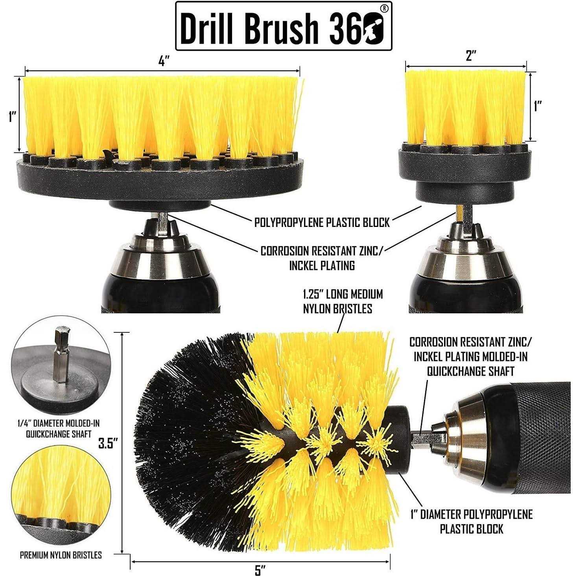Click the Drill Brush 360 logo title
pos(283,26)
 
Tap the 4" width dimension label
pos(164,61)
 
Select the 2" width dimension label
pos(468,56)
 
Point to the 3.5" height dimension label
pos(109,444)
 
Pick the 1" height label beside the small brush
pos(538,106)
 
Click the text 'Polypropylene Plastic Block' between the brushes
pos(322,223)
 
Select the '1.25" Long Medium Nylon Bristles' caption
pos(342,301)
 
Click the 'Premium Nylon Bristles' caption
pos(61,555)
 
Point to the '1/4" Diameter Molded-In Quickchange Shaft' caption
pos(59,429)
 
